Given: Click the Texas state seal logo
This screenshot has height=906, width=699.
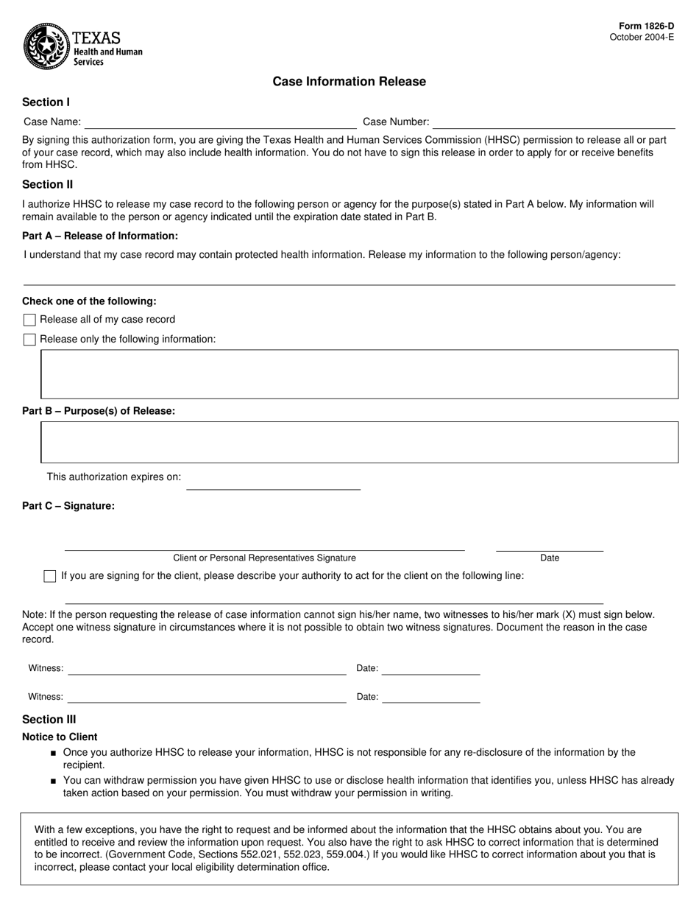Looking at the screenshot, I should (46, 46).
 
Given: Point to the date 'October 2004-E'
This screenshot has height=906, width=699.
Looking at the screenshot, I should (642, 38).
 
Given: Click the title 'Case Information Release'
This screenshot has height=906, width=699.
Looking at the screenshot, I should (349, 82).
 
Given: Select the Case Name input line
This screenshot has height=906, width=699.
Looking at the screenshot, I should (220, 122).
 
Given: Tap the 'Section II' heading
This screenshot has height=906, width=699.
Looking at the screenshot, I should (47, 185).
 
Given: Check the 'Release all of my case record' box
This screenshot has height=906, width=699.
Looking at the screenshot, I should (29, 320).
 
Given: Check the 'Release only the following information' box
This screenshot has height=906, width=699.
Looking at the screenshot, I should (29, 340).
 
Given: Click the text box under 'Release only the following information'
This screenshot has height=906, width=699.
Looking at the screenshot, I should (359, 374).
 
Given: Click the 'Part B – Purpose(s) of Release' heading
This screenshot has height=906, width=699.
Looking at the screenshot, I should (99, 411).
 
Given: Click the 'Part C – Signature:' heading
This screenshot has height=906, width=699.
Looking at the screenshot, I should (68, 506).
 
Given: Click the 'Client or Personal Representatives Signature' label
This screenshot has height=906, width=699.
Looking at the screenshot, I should (264, 558).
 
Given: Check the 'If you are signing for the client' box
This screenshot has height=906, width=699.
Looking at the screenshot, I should (50, 576).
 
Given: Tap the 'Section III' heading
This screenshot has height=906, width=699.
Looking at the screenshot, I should (49, 720).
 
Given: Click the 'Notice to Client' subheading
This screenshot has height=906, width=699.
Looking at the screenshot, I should (60, 737).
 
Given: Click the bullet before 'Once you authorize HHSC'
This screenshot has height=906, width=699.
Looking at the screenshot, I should (54, 754).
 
